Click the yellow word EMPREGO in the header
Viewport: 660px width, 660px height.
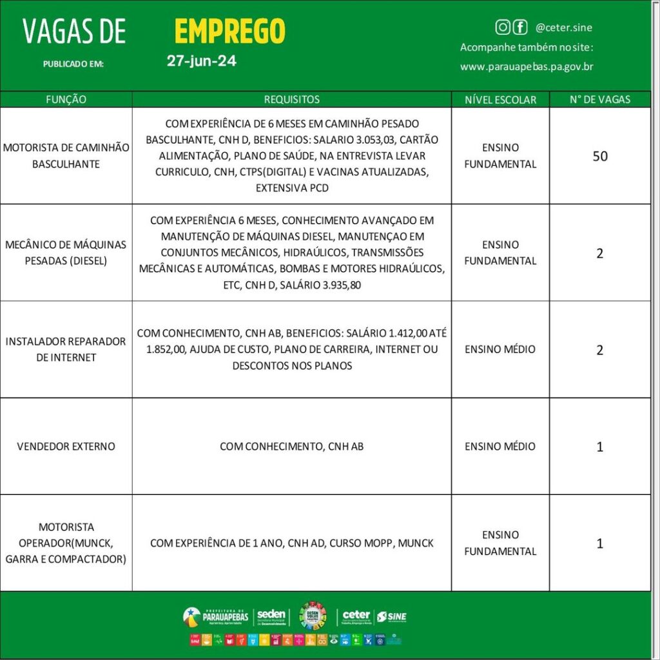[x=229, y=31]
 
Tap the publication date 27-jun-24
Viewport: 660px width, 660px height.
[x=201, y=62]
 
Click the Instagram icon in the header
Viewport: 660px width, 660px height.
[x=503, y=27]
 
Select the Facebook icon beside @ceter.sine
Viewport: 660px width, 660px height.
[x=520, y=27]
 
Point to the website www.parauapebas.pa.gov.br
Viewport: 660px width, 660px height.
[x=527, y=66]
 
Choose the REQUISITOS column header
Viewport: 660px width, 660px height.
[x=291, y=99]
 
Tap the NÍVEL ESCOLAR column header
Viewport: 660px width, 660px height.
[x=500, y=99]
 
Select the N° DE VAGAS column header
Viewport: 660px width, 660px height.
[x=599, y=99]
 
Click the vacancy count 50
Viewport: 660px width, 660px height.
[x=599, y=156]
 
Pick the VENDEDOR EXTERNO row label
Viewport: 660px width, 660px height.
[x=66, y=446]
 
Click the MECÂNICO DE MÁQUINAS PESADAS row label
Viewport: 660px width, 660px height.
[x=66, y=253]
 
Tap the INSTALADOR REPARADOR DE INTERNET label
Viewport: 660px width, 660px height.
[x=66, y=349]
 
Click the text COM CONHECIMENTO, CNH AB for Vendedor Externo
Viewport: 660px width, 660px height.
[x=291, y=446]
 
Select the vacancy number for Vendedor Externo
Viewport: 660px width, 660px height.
[x=599, y=446]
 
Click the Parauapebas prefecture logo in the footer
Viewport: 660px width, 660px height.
[x=215, y=617]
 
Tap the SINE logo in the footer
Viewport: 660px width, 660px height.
[x=392, y=617]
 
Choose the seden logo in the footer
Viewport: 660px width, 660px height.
[x=271, y=617]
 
